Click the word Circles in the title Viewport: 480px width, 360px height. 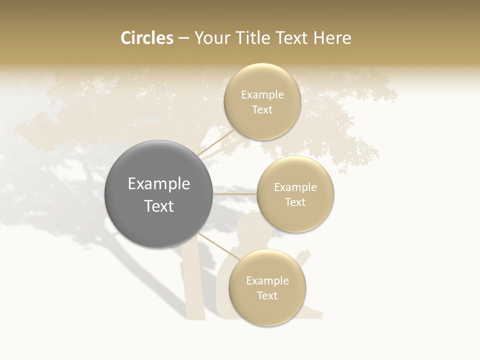point(147,38)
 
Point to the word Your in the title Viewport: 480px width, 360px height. point(211,38)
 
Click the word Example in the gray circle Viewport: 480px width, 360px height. point(158,184)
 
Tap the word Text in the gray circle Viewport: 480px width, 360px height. point(158,206)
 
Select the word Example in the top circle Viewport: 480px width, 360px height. point(262,94)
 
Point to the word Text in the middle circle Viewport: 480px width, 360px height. point(295,202)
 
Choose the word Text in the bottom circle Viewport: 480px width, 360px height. point(267,295)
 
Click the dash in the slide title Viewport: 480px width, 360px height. point(183,38)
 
